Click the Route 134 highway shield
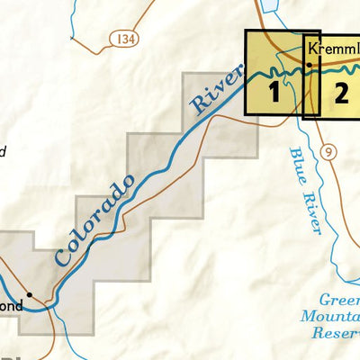(x=125, y=39)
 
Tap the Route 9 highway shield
(x=330, y=152)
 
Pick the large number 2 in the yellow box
(x=340, y=91)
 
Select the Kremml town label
(x=332, y=48)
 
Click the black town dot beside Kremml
(x=309, y=65)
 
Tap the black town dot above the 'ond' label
(x=29, y=294)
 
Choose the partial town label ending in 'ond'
(x=11, y=305)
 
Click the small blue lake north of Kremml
(x=269, y=11)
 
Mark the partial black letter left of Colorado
(x=3, y=152)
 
